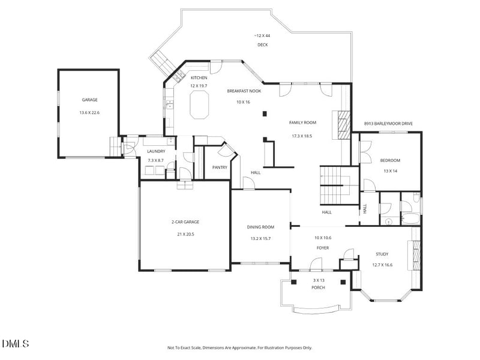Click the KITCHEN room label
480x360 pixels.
point(199,78)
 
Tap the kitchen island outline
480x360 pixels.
point(190,106)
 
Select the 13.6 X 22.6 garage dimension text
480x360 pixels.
point(89,113)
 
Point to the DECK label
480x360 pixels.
point(263,44)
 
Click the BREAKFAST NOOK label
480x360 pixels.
point(244,91)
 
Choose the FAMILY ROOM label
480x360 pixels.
point(303,123)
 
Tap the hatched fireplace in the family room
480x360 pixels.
point(344,125)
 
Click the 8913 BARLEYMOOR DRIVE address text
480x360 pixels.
point(388,124)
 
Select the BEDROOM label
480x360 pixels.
point(391,160)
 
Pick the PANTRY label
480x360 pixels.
point(220,167)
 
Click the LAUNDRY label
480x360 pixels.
point(156,151)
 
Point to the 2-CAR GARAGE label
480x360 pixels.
point(185,222)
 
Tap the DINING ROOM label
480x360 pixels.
point(260,227)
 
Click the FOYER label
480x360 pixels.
point(323,248)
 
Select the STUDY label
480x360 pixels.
point(382,254)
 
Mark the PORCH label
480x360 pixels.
point(319,288)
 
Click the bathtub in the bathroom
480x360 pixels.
point(410,218)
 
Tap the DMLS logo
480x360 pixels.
point(16,343)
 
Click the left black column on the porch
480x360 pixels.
point(294,282)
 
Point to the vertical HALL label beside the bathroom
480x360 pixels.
point(365,209)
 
